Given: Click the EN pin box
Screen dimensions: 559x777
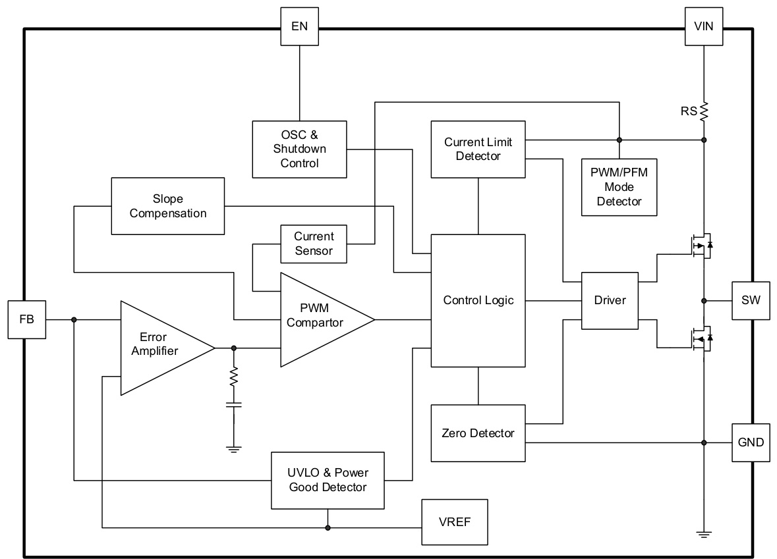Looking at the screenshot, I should [299, 27].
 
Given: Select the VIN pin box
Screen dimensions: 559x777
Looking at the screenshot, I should [704, 27].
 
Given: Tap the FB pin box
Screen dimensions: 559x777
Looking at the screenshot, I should [27, 320].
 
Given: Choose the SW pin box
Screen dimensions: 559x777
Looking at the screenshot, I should [751, 300].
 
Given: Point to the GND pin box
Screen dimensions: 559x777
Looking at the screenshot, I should [751, 442].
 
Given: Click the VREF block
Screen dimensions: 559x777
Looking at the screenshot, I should [455, 522].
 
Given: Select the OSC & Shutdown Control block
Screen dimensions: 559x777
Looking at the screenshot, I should [300, 149].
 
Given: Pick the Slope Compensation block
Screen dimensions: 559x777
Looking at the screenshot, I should [168, 205].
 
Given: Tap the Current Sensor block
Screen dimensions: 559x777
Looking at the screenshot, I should [314, 244].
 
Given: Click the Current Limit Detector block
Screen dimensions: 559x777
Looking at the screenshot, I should [478, 149].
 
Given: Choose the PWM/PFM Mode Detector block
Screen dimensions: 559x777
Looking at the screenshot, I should [619, 187].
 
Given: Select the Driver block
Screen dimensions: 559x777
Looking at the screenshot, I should [610, 300].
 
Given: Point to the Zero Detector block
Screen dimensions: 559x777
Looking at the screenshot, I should [478, 433].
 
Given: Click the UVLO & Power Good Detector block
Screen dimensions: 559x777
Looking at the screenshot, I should [328, 480].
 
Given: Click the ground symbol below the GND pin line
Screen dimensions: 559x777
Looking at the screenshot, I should [704, 535].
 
